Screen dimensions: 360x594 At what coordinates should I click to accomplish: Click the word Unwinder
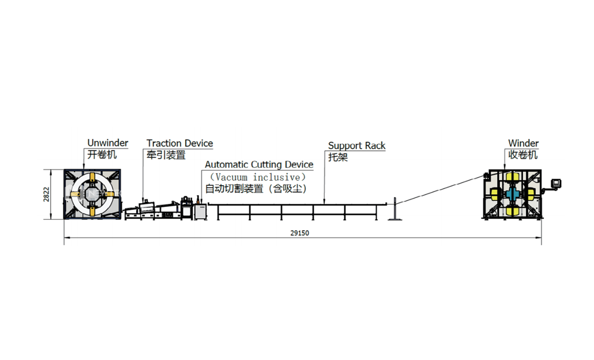coord(107,143)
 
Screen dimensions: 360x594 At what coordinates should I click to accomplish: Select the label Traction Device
coord(180,144)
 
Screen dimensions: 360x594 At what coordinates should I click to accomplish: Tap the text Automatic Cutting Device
coord(259,165)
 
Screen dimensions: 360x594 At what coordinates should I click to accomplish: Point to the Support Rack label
coord(357,146)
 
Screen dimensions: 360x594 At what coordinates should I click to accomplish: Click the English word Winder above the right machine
coord(523,144)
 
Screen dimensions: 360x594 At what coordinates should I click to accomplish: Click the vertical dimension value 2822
coord(47,194)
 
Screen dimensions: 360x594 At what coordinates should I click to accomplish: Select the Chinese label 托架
coord(338,157)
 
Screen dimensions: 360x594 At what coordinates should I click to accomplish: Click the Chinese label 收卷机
coord(523,155)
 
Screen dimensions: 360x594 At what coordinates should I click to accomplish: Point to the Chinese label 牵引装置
coord(166,155)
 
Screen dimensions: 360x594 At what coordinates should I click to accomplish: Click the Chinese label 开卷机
coord(102,154)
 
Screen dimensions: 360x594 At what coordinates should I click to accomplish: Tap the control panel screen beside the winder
coord(556,182)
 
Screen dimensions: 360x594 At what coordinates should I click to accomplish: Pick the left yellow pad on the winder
coord(495,194)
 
